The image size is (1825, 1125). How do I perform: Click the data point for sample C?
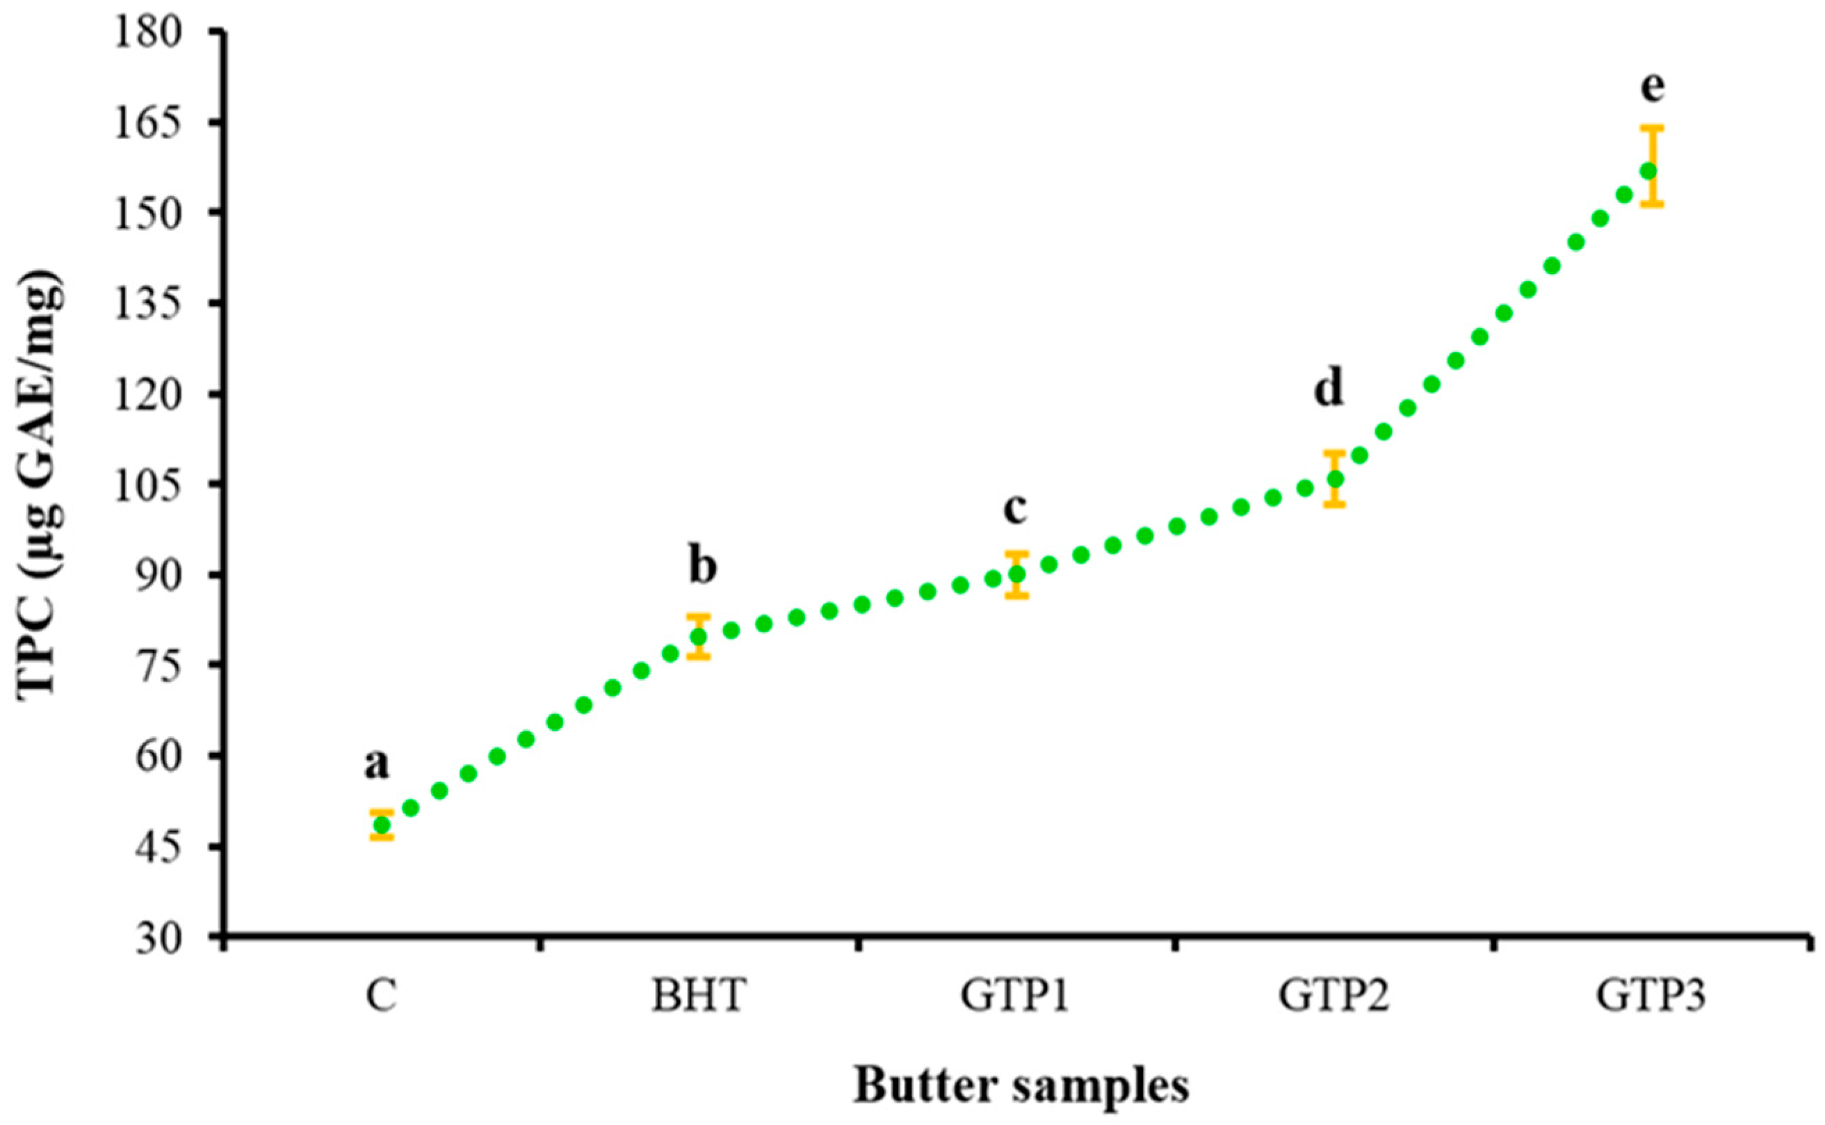382,825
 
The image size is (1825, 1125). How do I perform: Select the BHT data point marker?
699,636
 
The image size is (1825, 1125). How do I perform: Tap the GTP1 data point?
1017,574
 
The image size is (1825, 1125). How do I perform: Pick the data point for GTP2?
1335,478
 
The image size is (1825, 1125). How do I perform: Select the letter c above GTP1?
1015,510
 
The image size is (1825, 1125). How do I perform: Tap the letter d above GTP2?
1329,390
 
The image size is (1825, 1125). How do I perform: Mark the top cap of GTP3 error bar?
1652,127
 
